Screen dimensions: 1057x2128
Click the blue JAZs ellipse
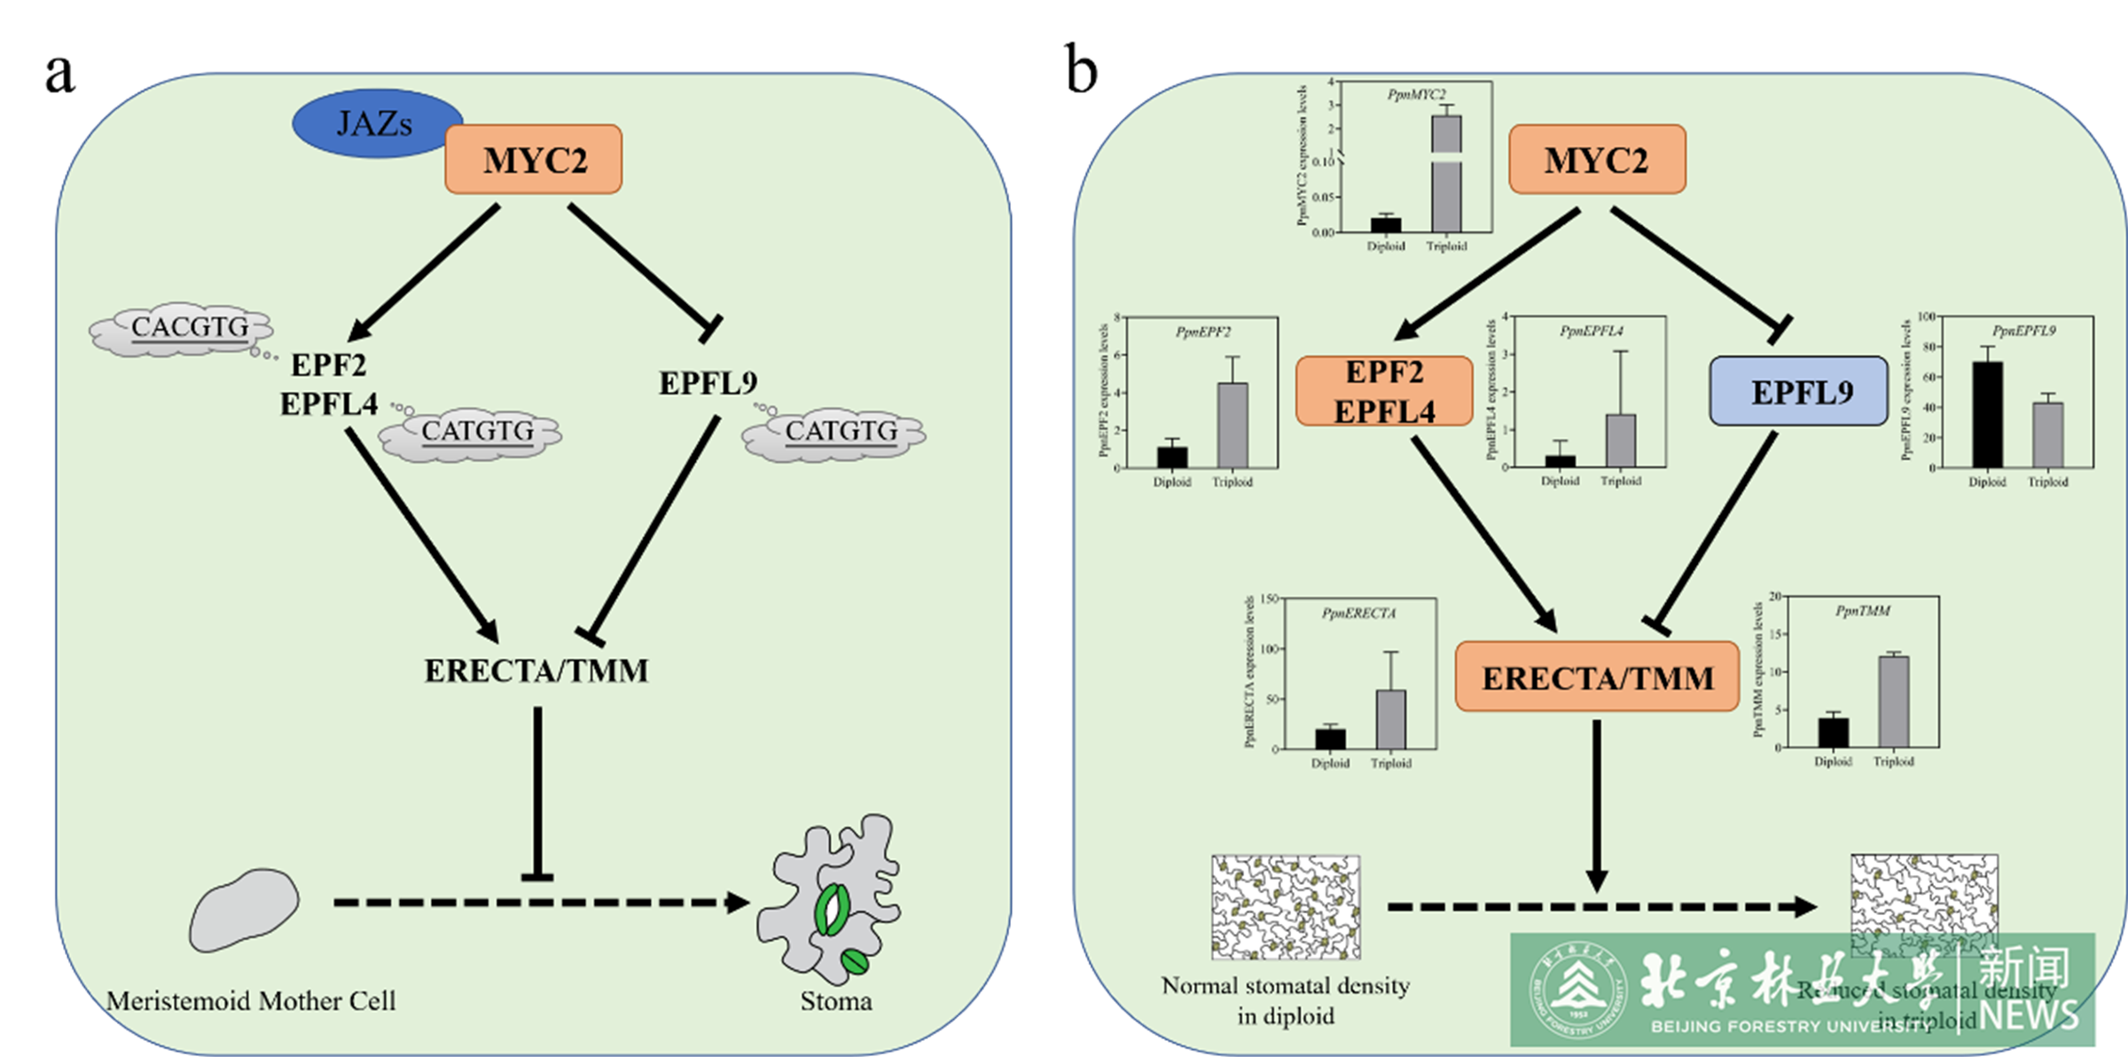click(376, 123)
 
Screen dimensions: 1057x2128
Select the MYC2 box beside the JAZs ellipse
click(533, 160)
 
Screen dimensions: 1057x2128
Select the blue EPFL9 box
click(1798, 391)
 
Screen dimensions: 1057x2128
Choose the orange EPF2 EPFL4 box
click(1383, 391)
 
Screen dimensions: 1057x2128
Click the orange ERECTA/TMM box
click(1597, 677)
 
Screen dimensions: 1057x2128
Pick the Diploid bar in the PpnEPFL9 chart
click(1987, 414)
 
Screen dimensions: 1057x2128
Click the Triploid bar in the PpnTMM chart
click(1894, 701)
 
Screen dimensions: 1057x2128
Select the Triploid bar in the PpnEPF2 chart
click(1232, 425)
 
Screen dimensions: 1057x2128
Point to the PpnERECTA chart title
click(1358, 613)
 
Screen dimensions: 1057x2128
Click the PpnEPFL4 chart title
click(1591, 331)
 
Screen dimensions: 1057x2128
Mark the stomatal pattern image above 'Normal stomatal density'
click(1286, 907)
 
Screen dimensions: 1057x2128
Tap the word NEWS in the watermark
click(2030, 1014)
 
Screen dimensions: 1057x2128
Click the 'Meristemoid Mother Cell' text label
click(251, 1001)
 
